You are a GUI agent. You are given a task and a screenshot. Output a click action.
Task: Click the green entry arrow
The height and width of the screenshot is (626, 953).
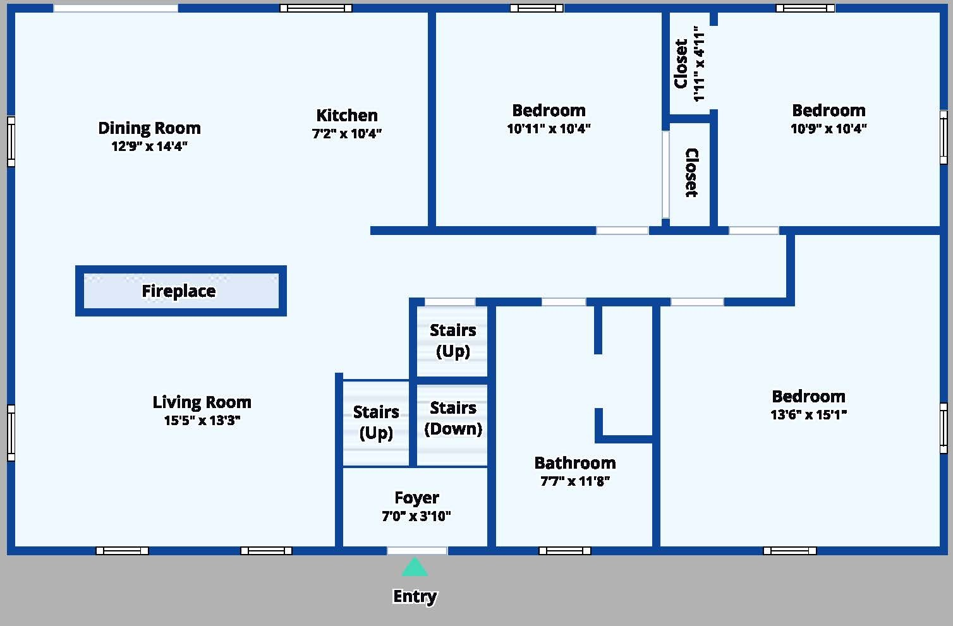[415, 567]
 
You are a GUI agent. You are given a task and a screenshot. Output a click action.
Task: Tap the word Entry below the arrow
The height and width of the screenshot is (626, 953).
[415, 597]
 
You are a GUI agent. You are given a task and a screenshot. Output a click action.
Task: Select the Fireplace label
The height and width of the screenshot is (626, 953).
[179, 291]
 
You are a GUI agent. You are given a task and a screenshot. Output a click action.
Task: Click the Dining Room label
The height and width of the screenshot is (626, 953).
[149, 128]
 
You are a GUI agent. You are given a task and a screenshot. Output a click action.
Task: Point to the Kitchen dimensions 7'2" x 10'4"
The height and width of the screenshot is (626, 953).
[347, 133]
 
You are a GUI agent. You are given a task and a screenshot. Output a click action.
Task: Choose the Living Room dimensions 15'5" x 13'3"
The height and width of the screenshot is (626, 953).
[202, 420]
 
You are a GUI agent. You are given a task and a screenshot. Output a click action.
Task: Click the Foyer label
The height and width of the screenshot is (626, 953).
[416, 498]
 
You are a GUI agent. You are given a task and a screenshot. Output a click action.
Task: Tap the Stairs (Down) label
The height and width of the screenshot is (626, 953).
[453, 418]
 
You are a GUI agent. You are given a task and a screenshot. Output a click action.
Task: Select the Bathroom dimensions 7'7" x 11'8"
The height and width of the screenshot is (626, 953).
[575, 481]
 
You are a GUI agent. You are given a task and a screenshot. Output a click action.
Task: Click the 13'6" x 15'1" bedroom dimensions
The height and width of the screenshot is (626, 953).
[808, 414]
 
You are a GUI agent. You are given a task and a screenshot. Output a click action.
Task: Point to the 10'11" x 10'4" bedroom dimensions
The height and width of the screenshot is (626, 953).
[549, 128]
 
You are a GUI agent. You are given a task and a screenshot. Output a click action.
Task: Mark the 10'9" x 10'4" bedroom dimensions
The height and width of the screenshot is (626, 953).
[829, 128]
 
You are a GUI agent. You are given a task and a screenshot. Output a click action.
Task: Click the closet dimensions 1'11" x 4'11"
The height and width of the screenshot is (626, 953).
[699, 64]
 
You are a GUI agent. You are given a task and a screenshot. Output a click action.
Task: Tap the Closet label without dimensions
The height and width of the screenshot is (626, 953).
[692, 172]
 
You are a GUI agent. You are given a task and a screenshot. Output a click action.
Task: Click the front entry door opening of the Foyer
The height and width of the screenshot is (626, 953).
[417, 551]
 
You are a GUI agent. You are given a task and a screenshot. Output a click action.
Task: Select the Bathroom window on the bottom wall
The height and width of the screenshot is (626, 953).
[564, 551]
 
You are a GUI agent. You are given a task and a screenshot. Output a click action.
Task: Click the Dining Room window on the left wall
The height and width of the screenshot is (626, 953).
[11, 141]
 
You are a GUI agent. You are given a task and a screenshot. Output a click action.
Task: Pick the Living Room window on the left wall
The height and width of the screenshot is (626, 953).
[11, 433]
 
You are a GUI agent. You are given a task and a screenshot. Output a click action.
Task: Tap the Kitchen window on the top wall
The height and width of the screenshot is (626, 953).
[316, 8]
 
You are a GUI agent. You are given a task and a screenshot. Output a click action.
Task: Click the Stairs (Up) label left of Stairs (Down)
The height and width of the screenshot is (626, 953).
[376, 423]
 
